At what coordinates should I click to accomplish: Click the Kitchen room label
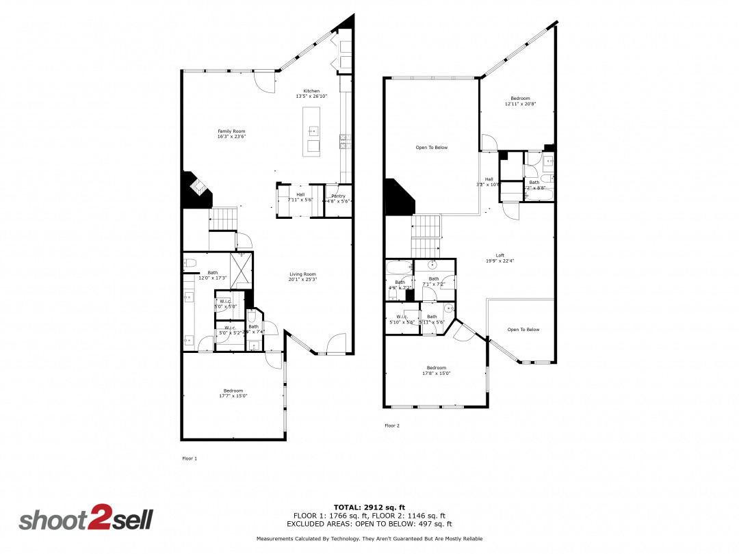click(x=311, y=91)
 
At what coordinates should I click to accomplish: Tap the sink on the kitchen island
click(x=313, y=131)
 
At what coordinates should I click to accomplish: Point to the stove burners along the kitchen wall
click(x=343, y=142)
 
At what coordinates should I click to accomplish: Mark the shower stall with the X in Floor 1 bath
click(x=241, y=270)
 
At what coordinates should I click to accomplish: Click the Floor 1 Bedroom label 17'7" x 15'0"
click(x=233, y=393)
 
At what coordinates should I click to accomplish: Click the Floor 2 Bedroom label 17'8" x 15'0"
click(x=436, y=370)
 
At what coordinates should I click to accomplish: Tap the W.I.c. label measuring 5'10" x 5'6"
click(x=402, y=319)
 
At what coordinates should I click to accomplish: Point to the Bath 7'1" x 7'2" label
click(x=434, y=281)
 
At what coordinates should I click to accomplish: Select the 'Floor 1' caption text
click(x=190, y=458)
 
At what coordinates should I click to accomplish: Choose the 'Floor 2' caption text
click(x=391, y=425)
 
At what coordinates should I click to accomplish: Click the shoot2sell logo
click(x=86, y=519)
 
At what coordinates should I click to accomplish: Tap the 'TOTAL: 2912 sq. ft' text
click(x=369, y=507)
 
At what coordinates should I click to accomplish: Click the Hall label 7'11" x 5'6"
click(x=300, y=197)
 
